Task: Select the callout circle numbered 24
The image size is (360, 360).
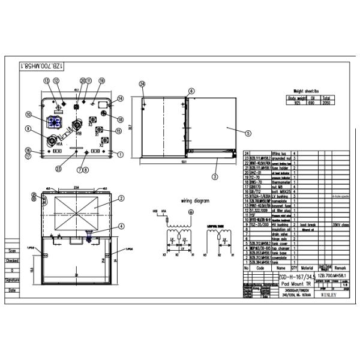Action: pyautogui.click(x=142, y=84)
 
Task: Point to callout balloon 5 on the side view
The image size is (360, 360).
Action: pyautogui.click(x=248, y=134)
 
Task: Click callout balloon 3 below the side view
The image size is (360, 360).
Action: pyautogui.click(x=214, y=177)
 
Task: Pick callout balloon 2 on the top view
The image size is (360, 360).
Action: pyautogui.click(x=121, y=198)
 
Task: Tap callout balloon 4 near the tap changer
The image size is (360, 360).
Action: pyautogui.click(x=121, y=226)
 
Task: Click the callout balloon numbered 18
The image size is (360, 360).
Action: pyautogui.click(x=120, y=119)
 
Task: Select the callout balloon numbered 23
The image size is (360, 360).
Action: pyautogui.click(x=58, y=169)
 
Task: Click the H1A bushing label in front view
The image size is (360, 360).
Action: pyautogui.click(x=59, y=145)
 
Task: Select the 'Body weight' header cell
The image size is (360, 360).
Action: pyautogui.click(x=298, y=98)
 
